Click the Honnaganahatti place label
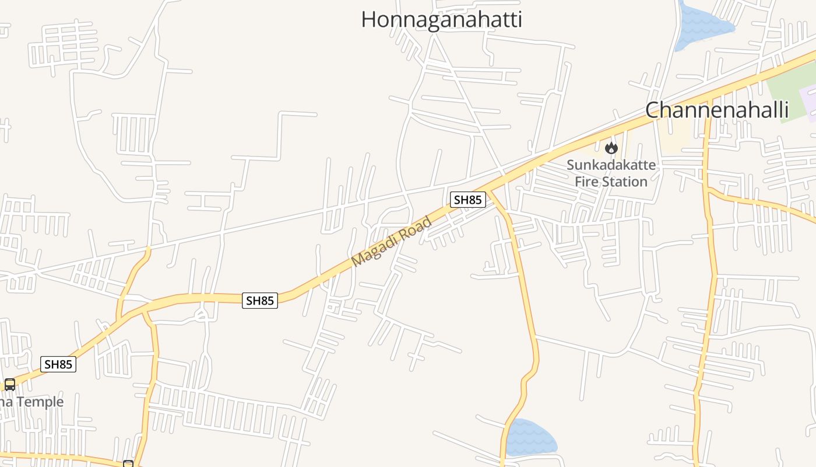[441, 19]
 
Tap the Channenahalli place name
[717, 110]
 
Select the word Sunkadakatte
[611, 165]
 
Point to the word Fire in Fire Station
[585, 182]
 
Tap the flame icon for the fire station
[611, 148]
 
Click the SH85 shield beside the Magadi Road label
[467, 200]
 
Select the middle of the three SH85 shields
[260, 301]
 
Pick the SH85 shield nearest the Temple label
[58, 364]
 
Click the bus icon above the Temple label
[10, 384]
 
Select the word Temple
[39, 402]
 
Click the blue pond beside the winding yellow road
[530, 438]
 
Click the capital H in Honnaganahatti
[368, 19]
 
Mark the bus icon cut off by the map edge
[128, 463]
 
